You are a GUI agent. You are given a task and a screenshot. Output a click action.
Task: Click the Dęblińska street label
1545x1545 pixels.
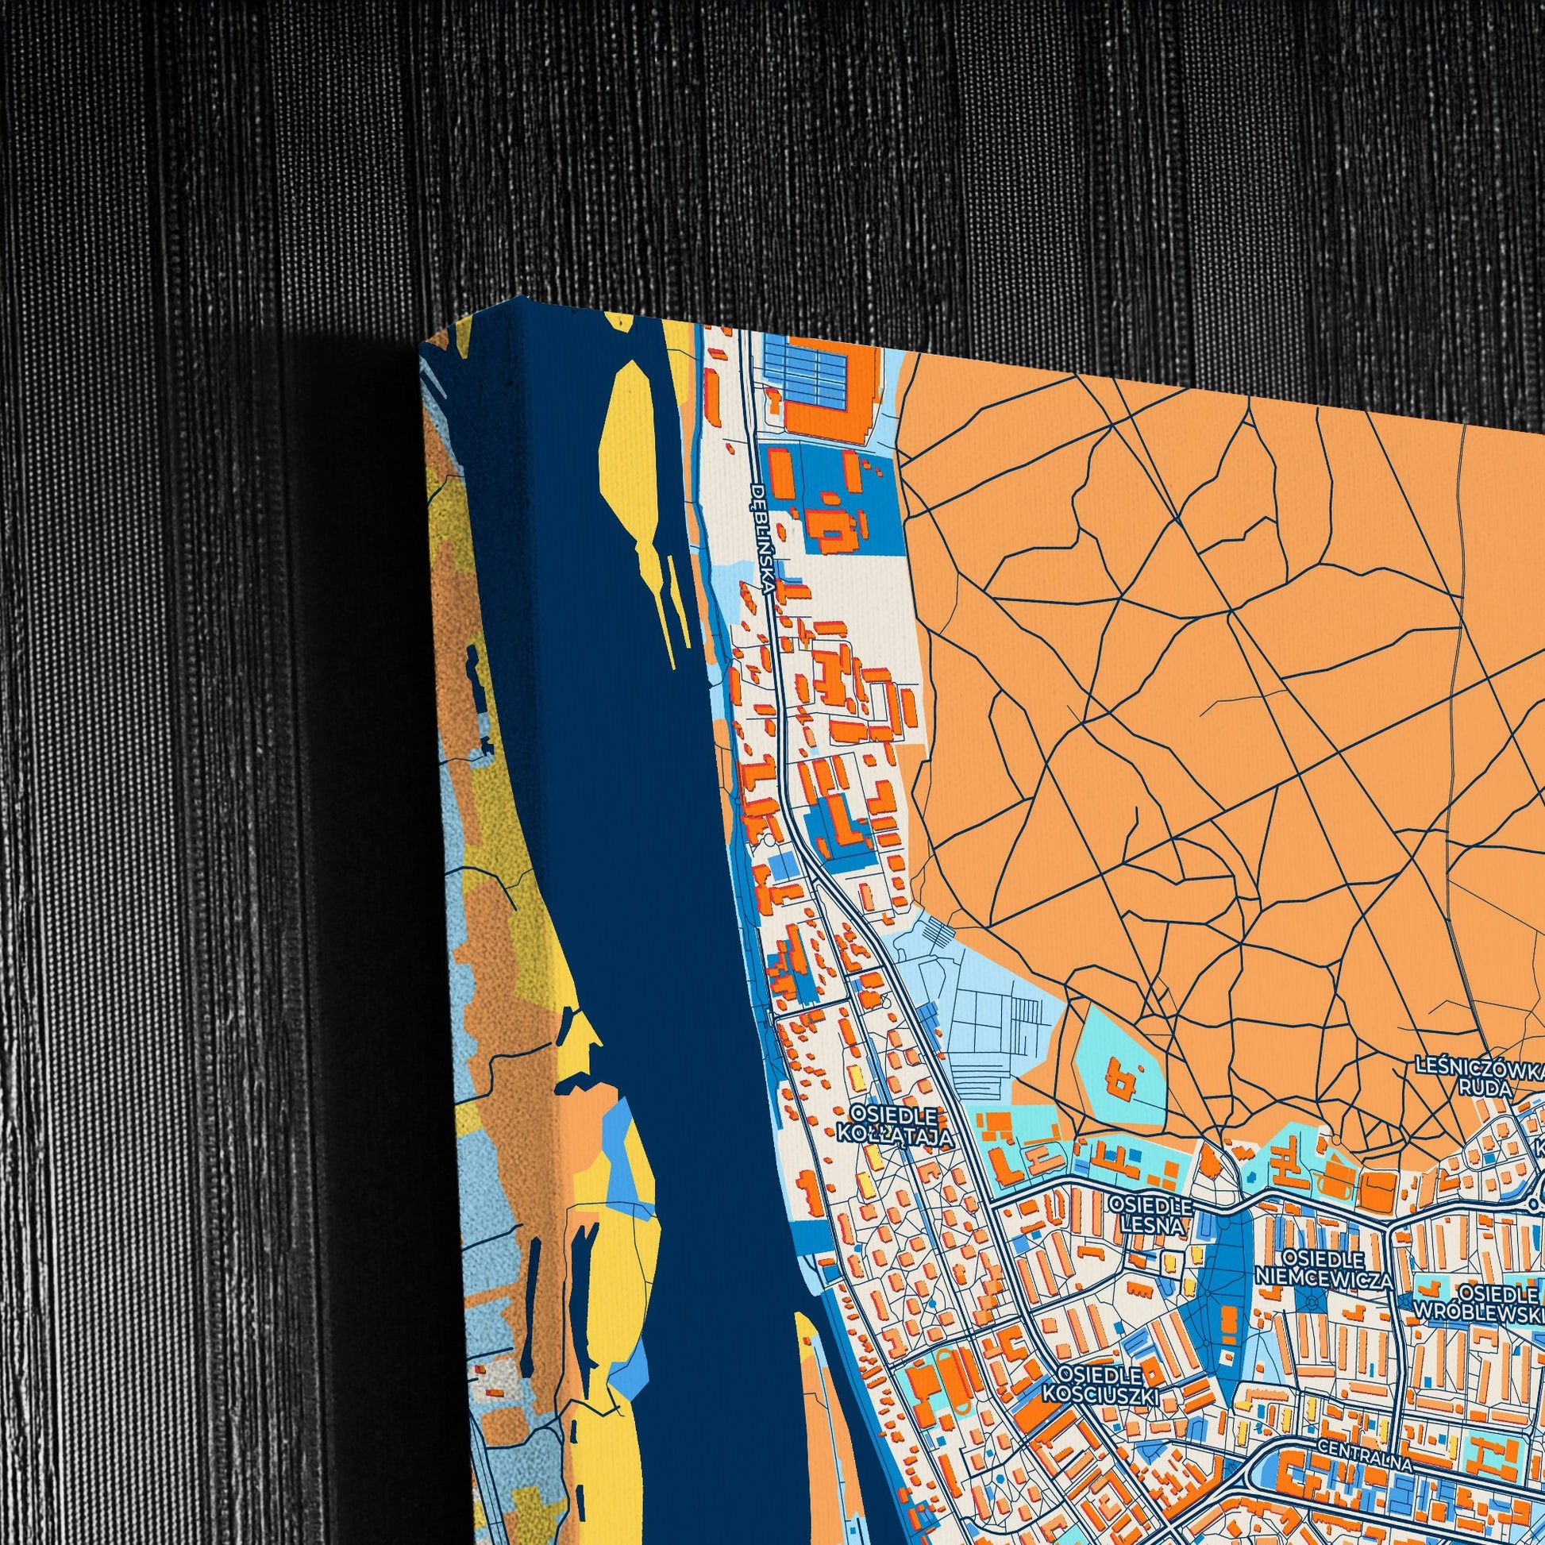tap(762, 539)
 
